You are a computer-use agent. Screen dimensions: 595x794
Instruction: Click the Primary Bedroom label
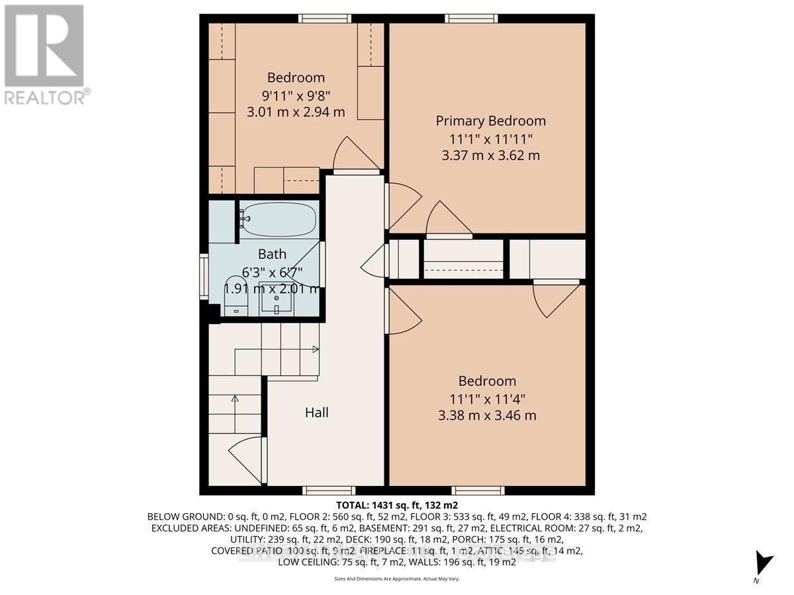[490, 121]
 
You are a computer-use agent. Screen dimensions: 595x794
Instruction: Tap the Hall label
[316, 413]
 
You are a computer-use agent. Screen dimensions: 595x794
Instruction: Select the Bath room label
[272, 254]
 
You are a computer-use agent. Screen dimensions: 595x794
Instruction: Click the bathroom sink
[277, 301]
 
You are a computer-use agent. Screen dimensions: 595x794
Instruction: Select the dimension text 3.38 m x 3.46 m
[486, 416]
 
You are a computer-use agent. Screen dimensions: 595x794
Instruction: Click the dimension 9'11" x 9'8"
[296, 95]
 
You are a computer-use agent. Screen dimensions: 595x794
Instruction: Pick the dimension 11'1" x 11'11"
[490, 138]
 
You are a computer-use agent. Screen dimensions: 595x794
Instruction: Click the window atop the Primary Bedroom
[471, 19]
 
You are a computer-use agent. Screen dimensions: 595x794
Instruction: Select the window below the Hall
[329, 491]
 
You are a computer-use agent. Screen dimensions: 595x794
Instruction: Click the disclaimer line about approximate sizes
[396, 578]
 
